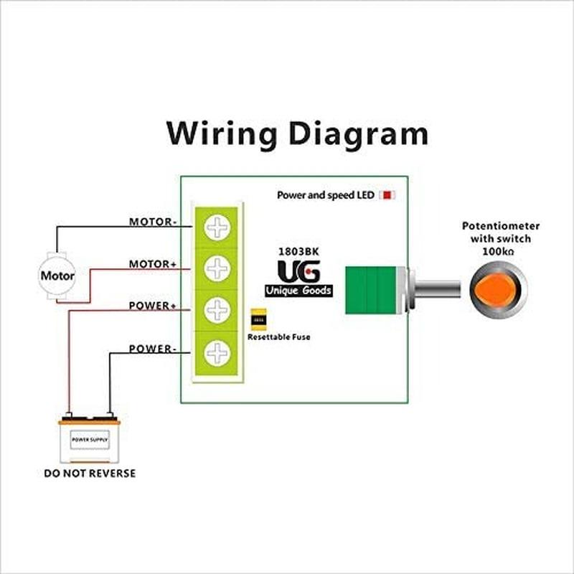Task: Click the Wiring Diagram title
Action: [x=297, y=133]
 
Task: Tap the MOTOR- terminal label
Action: [x=153, y=222]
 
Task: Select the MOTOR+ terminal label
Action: [x=153, y=264]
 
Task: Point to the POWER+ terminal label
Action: [x=153, y=306]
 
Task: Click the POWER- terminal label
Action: [x=153, y=349]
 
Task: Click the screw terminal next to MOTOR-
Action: [x=216, y=227]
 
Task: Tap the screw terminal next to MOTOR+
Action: [x=216, y=269]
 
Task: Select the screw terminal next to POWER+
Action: [x=216, y=311]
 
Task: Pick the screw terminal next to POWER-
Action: [x=216, y=353]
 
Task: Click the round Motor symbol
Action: [x=57, y=275]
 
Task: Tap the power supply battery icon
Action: [x=89, y=439]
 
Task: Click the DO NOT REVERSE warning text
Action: [x=90, y=474]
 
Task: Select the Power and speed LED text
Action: [x=326, y=195]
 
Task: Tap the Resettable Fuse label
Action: [x=279, y=337]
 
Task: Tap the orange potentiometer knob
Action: [x=498, y=290]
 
